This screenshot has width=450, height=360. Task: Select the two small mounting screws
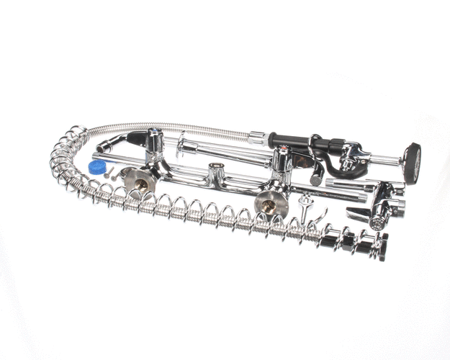(112, 173)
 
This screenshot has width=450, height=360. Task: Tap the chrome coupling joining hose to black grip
(258, 135)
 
